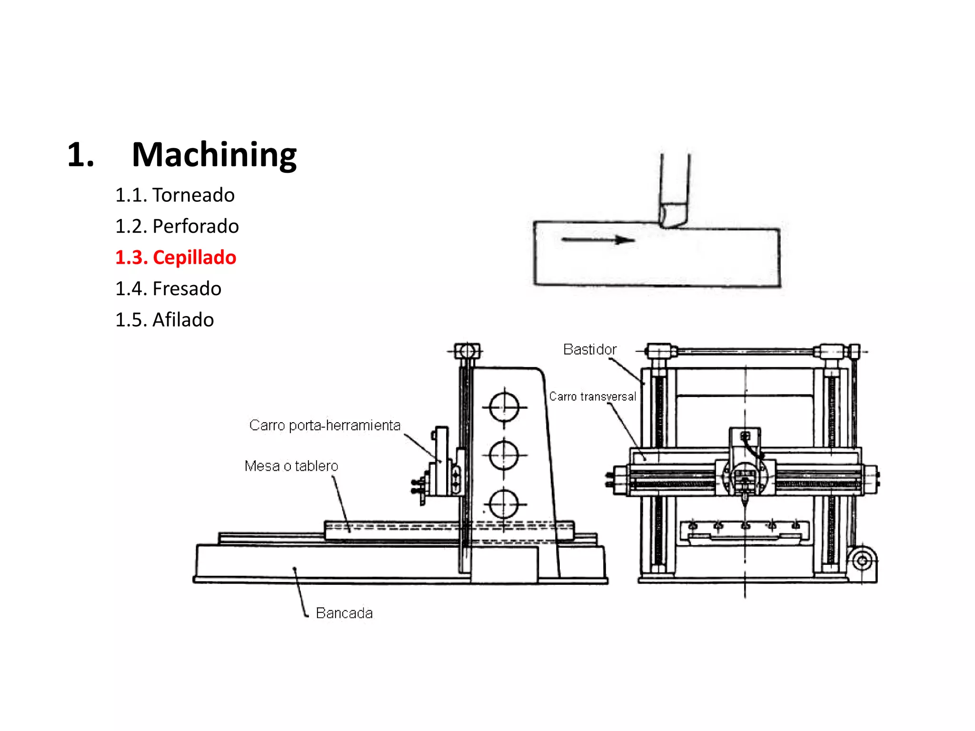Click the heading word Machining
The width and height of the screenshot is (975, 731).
[x=214, y=155]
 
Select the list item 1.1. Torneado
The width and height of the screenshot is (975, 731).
[x=175, y=195]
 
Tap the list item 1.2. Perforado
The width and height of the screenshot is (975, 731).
[x=177, y=226]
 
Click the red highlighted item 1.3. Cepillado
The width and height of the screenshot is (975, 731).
[x=176, y=257]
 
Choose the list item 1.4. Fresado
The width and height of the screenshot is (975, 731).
[x=168, y=289]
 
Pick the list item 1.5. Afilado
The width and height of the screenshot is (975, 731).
[x=164, y=320]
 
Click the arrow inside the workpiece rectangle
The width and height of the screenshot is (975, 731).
[x=598, y=240]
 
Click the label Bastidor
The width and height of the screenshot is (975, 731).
[x=589, y=350]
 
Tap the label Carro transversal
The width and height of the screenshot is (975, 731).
[x=592, y=396]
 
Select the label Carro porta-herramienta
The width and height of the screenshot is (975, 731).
[x=325, y=425]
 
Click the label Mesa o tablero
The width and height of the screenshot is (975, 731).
[x=291, y=466]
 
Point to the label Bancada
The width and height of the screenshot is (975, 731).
[x=344, y=613]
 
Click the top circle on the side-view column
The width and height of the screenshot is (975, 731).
[x=504, y=407]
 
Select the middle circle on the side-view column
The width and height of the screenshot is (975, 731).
[x=504, y=455]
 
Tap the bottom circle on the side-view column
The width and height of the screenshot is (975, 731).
[x=504, y=504]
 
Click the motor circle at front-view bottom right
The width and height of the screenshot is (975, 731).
[x=862, y=561]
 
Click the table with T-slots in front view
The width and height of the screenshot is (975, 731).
[x=745, y=531]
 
